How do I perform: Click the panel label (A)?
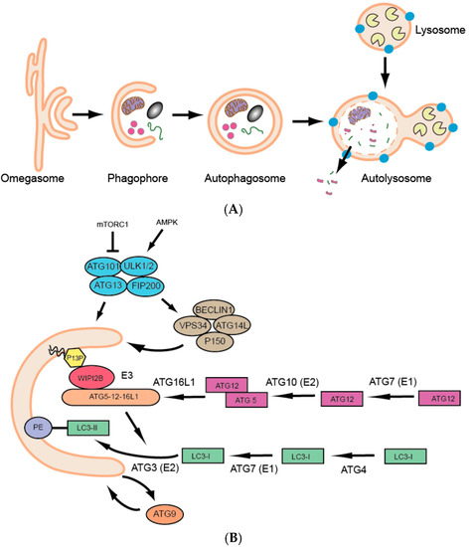click(235, 211)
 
